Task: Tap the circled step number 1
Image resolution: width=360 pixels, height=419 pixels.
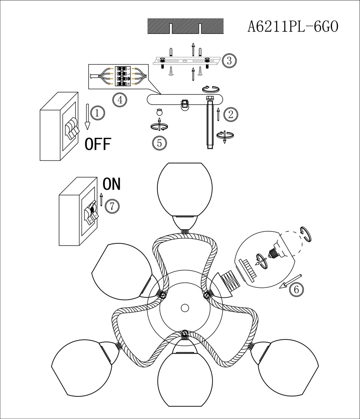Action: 97,113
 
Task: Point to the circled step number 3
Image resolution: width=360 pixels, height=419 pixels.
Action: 229,60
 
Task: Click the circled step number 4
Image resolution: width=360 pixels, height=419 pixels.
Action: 120,100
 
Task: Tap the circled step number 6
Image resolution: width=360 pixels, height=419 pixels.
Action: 296,289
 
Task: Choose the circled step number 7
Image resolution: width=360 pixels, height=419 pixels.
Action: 112,206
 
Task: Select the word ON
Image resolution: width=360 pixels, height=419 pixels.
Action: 111,184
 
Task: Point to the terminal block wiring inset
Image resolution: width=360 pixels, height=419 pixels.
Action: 120,76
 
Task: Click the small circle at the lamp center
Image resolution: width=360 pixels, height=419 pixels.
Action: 184,308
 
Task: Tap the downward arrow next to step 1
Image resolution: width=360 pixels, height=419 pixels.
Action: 87,117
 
